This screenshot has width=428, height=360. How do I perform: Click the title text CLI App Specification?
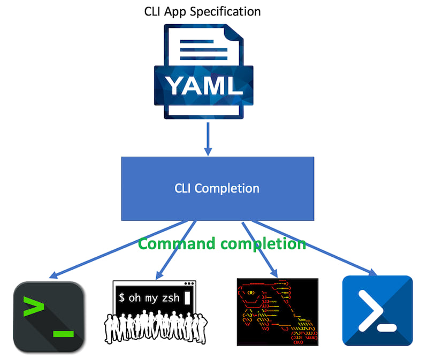[202, 11]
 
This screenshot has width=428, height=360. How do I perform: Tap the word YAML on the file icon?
[203, 85]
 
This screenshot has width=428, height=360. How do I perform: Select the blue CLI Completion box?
[217, 188]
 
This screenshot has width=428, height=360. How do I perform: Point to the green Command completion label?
[222, 244]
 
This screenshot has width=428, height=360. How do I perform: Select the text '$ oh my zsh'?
[148, 298]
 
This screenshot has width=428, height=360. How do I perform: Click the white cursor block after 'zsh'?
[187, 298]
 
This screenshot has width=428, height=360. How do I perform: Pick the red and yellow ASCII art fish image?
[277, 312]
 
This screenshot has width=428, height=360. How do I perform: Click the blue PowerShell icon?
[377, 311]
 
